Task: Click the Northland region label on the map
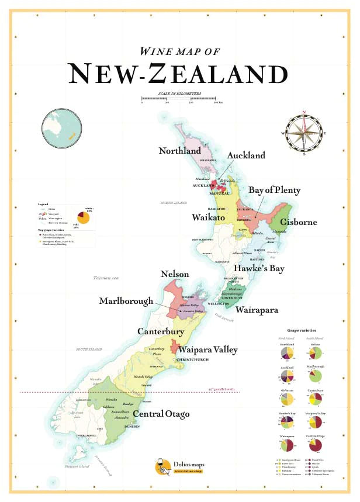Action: click(x=180, y=151)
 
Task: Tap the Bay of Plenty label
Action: click(x=275, y=191)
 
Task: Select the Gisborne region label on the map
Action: click(x=298, y=222)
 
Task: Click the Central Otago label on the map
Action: click(x=161, y=414)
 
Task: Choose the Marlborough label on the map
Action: click(x=126, y=301)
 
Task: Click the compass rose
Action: click(x=304, y=133)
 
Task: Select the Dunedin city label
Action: click(x=131, y=427)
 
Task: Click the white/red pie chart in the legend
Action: click(x=84, y=217)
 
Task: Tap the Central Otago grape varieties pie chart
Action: click(x=314, y=445)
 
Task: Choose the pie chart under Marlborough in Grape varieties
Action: click(x=314, y=375)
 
